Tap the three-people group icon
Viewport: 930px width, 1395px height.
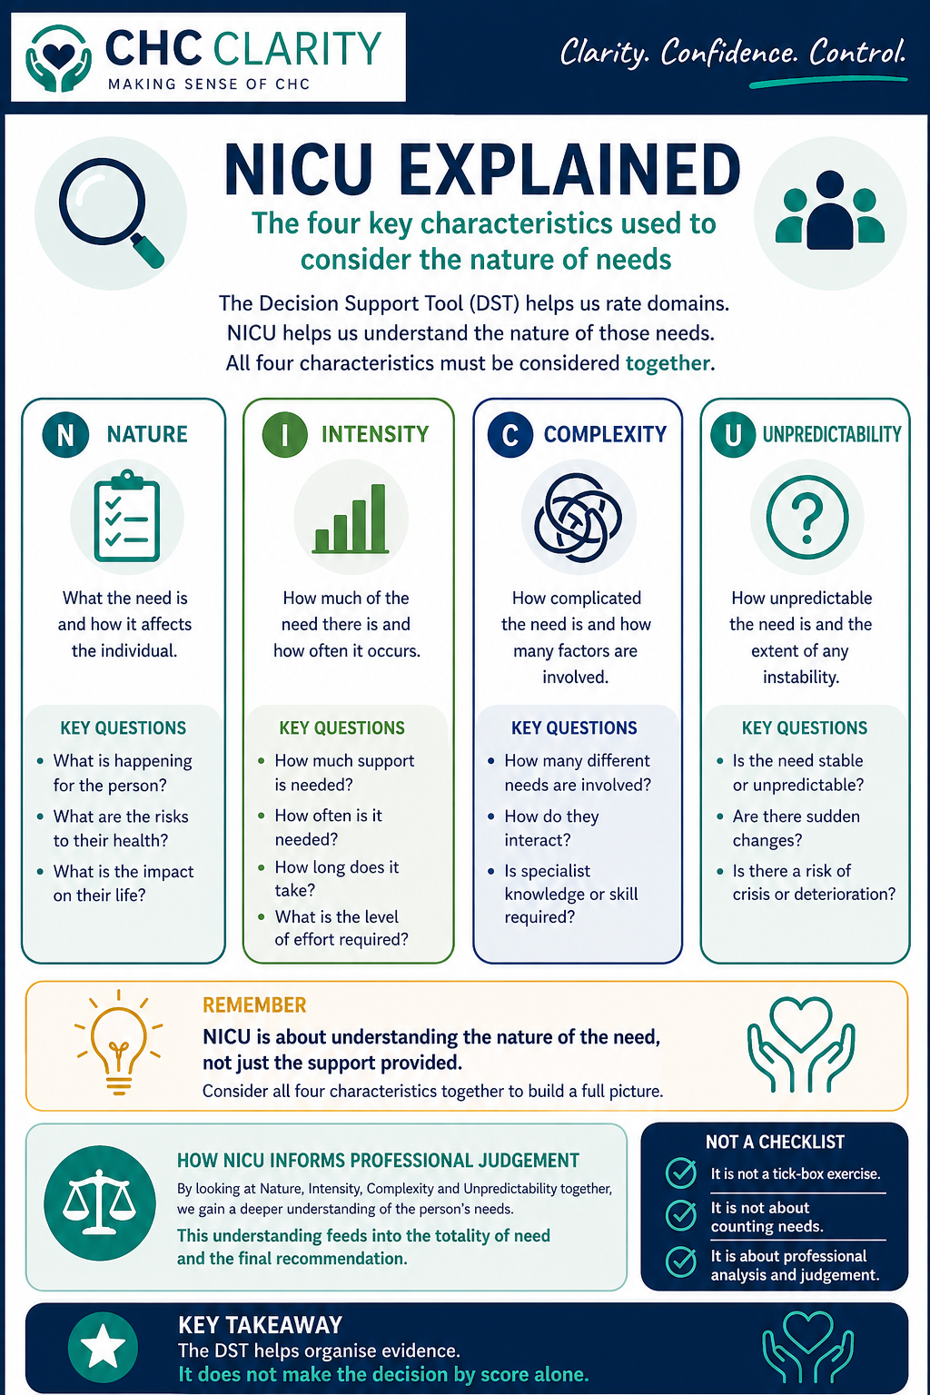(830, 212)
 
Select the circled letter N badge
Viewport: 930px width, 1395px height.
(65, 434)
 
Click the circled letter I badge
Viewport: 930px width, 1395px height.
(284, 434)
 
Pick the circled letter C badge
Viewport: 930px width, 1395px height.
(510, 434)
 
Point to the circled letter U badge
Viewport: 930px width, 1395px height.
(732, 434)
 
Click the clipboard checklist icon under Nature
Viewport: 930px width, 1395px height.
(127, 517)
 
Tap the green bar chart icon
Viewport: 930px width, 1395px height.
(351, 519)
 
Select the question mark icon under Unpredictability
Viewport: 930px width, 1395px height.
(806, 517)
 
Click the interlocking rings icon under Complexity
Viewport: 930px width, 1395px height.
(578, 518)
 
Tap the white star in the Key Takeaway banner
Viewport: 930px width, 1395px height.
(103, 1347)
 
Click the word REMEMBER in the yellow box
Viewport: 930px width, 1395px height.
(254, 1005)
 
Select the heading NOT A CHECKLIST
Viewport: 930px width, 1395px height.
(775, 1142)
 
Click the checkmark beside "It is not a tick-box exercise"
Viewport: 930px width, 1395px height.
(681, 1173)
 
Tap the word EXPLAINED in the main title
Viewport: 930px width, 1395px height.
(569, 170)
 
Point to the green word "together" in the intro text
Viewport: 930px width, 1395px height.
(668, 363)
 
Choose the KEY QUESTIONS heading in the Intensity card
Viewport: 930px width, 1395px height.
(341, 727)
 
